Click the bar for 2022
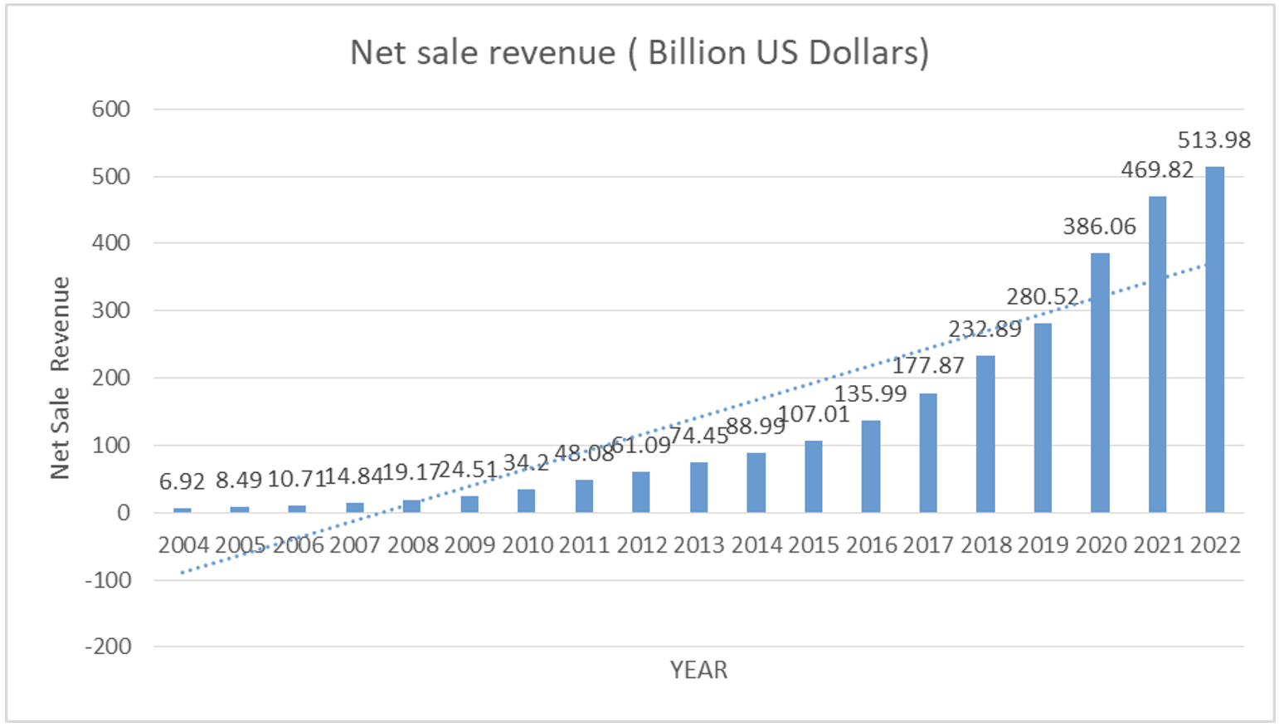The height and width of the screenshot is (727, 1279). tap(1214, 339)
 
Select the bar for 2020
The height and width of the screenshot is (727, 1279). tap(1100, 383)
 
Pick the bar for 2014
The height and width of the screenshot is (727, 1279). tap(756, 482)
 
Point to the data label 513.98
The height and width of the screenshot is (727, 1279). tap(1214, 140)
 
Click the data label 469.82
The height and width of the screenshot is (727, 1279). tap(1157, 170)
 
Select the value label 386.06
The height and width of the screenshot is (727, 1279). tap(1100, 227)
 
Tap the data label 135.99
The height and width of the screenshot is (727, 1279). tap(870, 393)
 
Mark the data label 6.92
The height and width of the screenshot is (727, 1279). tap(182, 481)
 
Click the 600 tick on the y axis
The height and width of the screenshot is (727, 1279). tap(111, 110)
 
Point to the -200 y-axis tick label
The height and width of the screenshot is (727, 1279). tap(108, 646)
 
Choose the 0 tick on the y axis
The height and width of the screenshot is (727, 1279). tap(123, 513)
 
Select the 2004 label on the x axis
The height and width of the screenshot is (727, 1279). tap(183, 545)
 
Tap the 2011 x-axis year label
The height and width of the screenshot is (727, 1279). tap(585, 545)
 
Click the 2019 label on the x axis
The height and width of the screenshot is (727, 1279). tap(1043, 545)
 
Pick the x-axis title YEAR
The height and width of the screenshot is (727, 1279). tap(698, 671)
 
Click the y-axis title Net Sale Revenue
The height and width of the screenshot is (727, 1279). tap(60, 378)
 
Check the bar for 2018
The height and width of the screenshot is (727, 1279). tap(985, 434)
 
